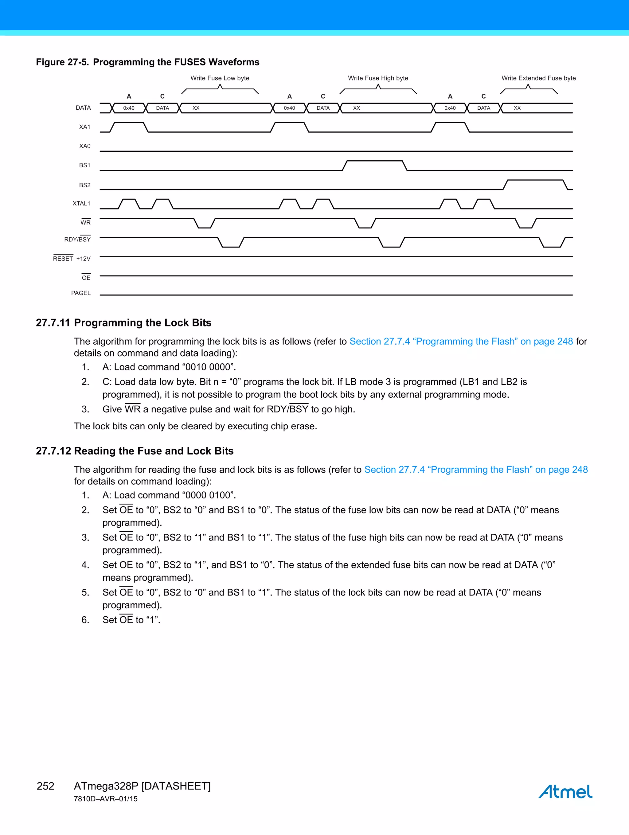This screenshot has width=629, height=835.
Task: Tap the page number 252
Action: tap(45, 786)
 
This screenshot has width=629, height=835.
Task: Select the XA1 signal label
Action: tap(84, 127)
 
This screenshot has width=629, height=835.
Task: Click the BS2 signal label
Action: tap(84, 185)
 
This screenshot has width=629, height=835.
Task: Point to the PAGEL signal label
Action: tap(81, 293)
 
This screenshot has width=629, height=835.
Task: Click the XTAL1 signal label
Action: tap(82, 204)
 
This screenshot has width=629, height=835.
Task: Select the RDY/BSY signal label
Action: tap(77, 239)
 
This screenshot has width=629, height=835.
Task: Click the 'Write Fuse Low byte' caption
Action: tap(220, 78)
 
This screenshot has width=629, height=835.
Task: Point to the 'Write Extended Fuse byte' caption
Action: tap(538, 78)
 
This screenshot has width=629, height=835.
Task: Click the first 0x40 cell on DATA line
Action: tap(129, 108)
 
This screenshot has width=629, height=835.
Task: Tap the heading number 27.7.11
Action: tap(53, 323)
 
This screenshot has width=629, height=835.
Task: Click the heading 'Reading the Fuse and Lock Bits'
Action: tap(154, 451)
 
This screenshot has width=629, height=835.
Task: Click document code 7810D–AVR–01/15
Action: tap(106, 799)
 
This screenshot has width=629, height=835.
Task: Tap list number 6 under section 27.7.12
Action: tap(85, 620)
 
